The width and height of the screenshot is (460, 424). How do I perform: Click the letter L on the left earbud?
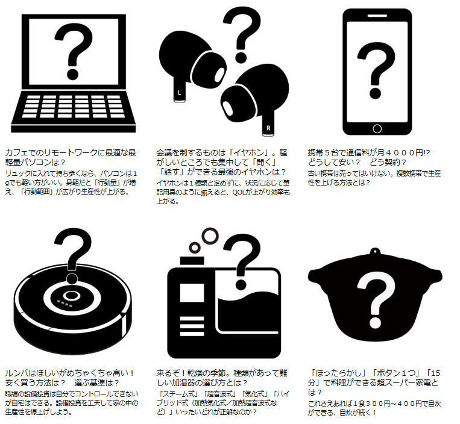coord(179,93)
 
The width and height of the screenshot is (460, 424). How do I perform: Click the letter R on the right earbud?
coord(268,128)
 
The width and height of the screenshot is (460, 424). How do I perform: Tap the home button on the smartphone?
coord(377,129)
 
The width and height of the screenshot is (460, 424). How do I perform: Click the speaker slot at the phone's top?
coord(377,16)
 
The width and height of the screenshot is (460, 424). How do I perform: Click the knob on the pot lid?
coord(374,251)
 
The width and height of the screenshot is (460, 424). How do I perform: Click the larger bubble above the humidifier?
coord(210,236)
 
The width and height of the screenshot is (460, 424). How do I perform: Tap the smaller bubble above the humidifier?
coord(195,248)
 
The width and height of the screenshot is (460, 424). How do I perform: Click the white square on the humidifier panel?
coord(192,293)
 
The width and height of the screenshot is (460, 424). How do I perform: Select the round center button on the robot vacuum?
coord(71,296)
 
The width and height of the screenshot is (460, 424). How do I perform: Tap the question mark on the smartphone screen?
coord(376,70)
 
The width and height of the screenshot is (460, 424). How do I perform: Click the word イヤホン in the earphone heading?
coord(249,152)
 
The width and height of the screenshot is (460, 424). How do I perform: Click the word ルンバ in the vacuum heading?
coord(16,373)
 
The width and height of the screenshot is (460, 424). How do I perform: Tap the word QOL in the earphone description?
coord(239,192)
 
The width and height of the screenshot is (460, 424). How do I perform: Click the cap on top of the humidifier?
coord(192,261)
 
